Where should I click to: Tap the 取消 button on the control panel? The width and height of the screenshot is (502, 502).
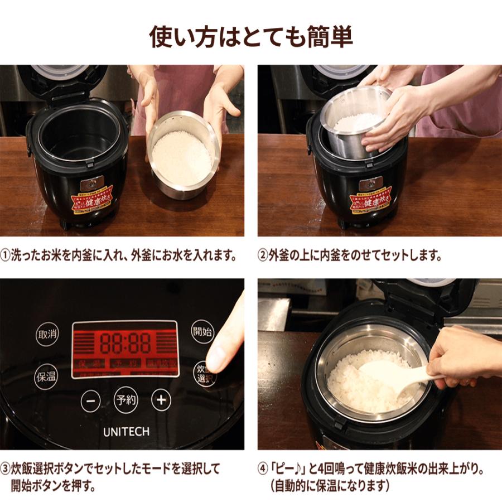[47, 335]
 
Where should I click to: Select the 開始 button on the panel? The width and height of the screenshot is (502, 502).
[202, 332]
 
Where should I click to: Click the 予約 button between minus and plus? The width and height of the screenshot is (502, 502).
[126, 400]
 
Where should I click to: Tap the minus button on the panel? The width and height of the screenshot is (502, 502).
[91, 400]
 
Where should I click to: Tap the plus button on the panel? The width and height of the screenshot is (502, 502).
[161, 400]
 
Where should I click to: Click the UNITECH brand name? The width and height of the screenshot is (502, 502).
[126, 432]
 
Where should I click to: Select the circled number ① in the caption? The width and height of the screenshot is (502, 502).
[6, 256]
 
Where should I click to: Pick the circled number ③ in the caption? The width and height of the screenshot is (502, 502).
[6, 467]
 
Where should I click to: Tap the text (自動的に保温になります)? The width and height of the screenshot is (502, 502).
[329, 485]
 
